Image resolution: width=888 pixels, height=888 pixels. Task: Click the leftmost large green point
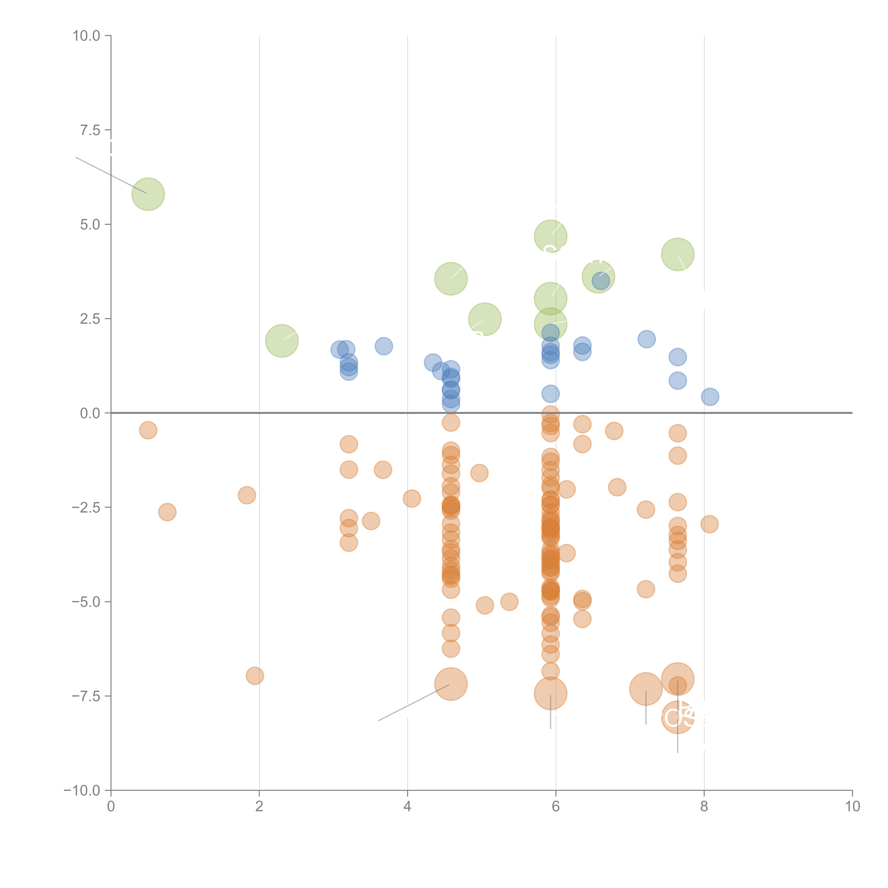click(148, 194)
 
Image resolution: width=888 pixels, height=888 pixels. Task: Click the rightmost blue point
click(710, 397)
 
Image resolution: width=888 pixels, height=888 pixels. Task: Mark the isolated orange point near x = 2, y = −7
click(255, 676)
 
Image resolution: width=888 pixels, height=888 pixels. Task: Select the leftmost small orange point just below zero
click(148, 430)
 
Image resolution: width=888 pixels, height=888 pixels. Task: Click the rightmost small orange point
click(709, 524)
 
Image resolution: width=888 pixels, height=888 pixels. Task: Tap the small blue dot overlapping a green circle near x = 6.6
click(600, 280)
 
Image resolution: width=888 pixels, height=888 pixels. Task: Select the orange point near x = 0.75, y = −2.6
click(167, 512)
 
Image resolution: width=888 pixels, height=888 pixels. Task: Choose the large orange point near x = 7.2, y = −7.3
click(645, 689)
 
